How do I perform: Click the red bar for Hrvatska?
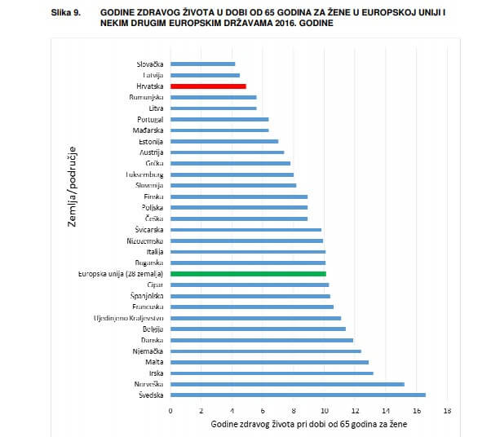pos(208,86)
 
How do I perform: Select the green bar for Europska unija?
pos(248,274)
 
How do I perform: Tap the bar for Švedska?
pos(298,395)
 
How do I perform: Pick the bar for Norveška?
pos(287,384)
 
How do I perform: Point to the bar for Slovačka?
pos(202,64)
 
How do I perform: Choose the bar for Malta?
pos(269,362)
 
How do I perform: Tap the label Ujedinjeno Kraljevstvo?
pos(131,318)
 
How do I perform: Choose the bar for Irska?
pos(272,373)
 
